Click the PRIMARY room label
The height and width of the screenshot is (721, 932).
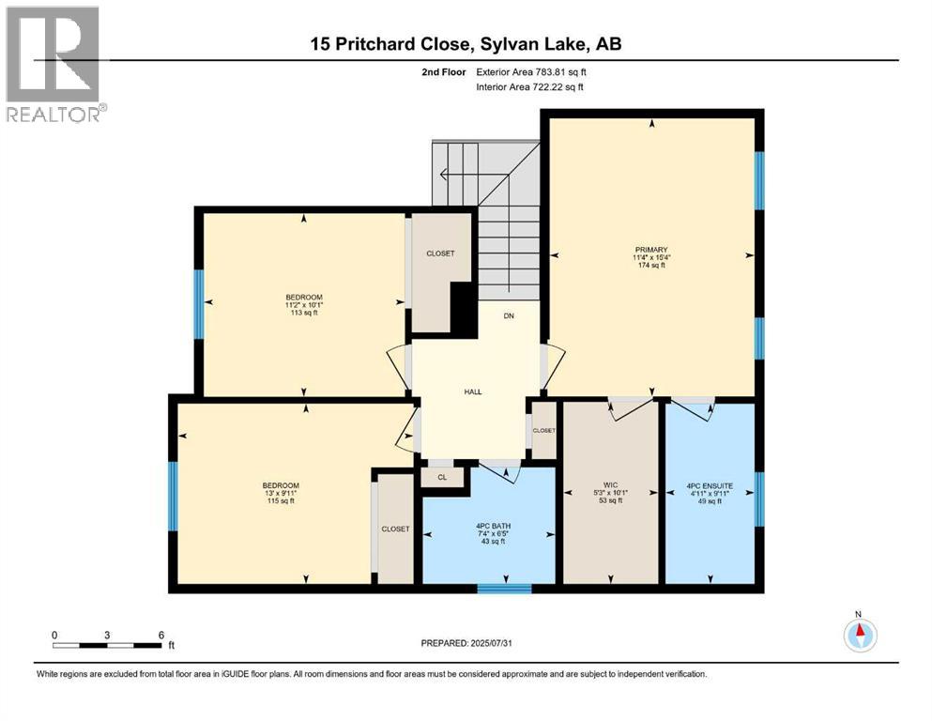click(x=649, y=249)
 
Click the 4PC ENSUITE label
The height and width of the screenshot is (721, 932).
click(x=709, y=485)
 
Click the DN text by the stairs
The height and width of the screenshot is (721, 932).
click(x=508, y=316)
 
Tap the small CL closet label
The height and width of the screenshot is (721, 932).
click(x=441, y=477)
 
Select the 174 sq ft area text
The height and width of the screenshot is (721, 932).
click(x=649, y=266)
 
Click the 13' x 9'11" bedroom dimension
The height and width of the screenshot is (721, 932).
click(x=280, y=493)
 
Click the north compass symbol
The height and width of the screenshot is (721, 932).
click(x=859, y=635)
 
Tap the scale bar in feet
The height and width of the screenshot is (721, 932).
click(x=108, y=645)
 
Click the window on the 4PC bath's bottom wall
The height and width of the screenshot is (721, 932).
click(x=505, y=589)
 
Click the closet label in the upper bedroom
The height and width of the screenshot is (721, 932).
click(x=439, y=253)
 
